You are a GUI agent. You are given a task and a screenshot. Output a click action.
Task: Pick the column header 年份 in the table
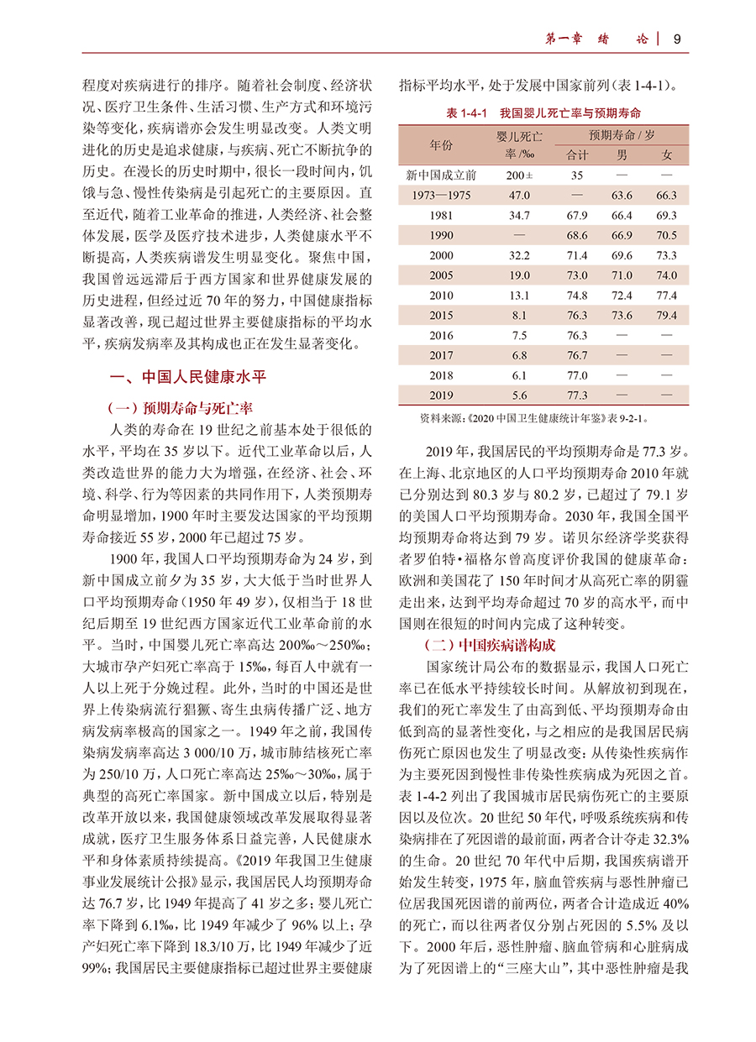441,145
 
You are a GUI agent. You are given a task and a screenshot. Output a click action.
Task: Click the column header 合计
577,155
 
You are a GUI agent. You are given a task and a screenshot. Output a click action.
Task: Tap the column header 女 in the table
667,155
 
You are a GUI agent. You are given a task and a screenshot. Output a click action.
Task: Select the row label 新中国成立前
441,175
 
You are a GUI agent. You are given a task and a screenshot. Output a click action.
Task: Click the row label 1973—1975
441,196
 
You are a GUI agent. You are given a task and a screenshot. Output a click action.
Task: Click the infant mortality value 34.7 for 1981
519,216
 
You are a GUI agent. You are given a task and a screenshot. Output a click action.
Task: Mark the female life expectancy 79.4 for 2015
667,316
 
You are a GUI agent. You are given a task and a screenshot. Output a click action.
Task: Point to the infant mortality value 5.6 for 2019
519,395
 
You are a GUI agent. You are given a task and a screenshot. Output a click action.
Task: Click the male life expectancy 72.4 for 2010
622,296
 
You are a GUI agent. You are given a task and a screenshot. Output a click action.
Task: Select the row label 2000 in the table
441,255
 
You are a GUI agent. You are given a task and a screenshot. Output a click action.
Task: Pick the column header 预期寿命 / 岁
622,135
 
